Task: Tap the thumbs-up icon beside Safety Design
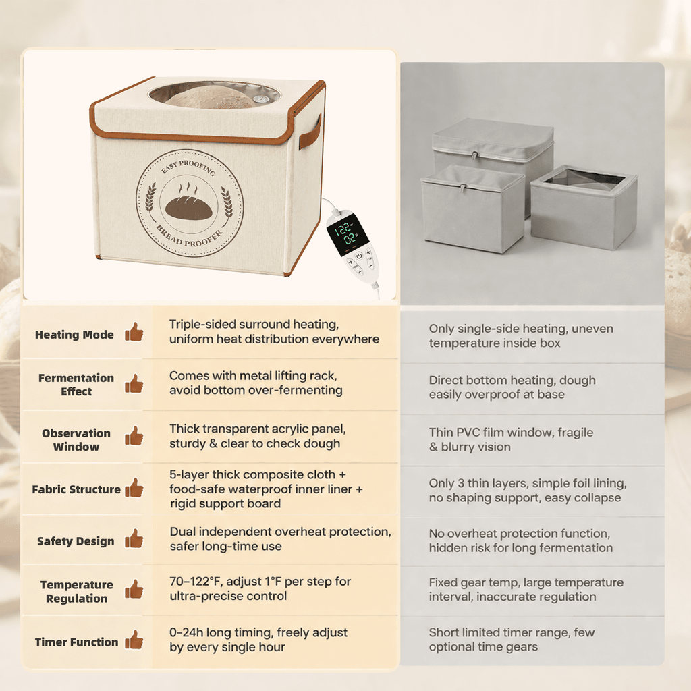134,538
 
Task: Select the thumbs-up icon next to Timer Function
134,640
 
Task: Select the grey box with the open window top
584,206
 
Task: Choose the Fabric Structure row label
76,489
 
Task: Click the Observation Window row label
76,440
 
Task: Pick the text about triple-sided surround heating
274,331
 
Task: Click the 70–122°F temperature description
260,588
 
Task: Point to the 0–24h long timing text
258,640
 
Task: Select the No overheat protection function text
521,541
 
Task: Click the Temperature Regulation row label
77,591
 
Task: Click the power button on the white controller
359,256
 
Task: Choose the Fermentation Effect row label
76,384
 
